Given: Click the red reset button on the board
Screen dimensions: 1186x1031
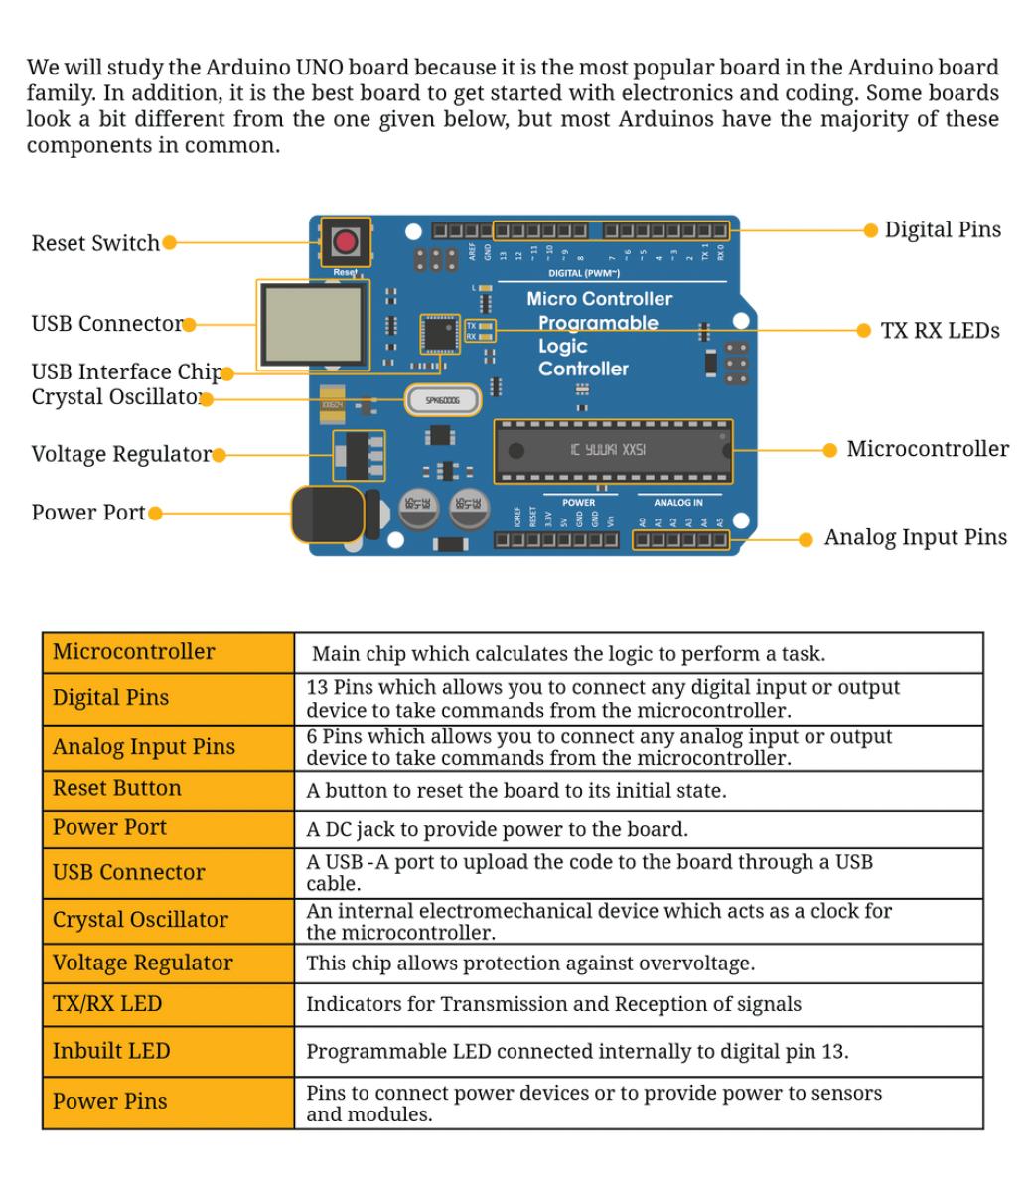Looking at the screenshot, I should [x=345, y=241].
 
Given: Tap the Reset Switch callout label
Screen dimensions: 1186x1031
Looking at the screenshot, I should [x=95, y=243].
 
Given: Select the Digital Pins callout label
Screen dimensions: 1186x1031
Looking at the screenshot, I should [x=943, y=230].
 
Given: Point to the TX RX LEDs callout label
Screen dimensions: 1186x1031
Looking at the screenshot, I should [x=940, y=331].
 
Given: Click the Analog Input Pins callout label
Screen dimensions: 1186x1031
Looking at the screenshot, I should [x=915, y=537].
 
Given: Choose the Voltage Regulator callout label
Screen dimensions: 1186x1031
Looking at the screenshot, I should [x=121, y=454].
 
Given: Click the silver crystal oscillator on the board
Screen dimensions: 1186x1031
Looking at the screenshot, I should [x=442, y=400].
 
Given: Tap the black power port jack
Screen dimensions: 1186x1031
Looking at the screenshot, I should [x=328, y=515].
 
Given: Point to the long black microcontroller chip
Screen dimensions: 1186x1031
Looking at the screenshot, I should [x=612, y=451].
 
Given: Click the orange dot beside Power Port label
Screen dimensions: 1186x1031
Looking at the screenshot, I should [x=154, y=514].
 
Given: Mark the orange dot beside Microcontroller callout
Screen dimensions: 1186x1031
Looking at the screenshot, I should [x=830, y=450].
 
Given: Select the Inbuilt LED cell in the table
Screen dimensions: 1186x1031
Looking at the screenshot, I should [x=111, y=1051].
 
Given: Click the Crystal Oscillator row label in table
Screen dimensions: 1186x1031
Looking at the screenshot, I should [x=140, y=920].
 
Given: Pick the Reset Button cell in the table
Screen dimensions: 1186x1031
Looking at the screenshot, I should [x=117, y=789].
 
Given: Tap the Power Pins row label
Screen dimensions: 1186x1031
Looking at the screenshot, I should [x=110, y=1102].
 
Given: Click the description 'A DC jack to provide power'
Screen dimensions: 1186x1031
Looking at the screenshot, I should [x=497, y=829].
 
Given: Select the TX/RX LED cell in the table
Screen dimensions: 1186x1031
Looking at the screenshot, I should [x=107, y=1004].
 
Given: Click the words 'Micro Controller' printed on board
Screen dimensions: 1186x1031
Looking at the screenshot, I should [x=599, y=299].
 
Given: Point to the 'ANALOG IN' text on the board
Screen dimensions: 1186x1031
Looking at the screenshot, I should [x=677, y=503].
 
